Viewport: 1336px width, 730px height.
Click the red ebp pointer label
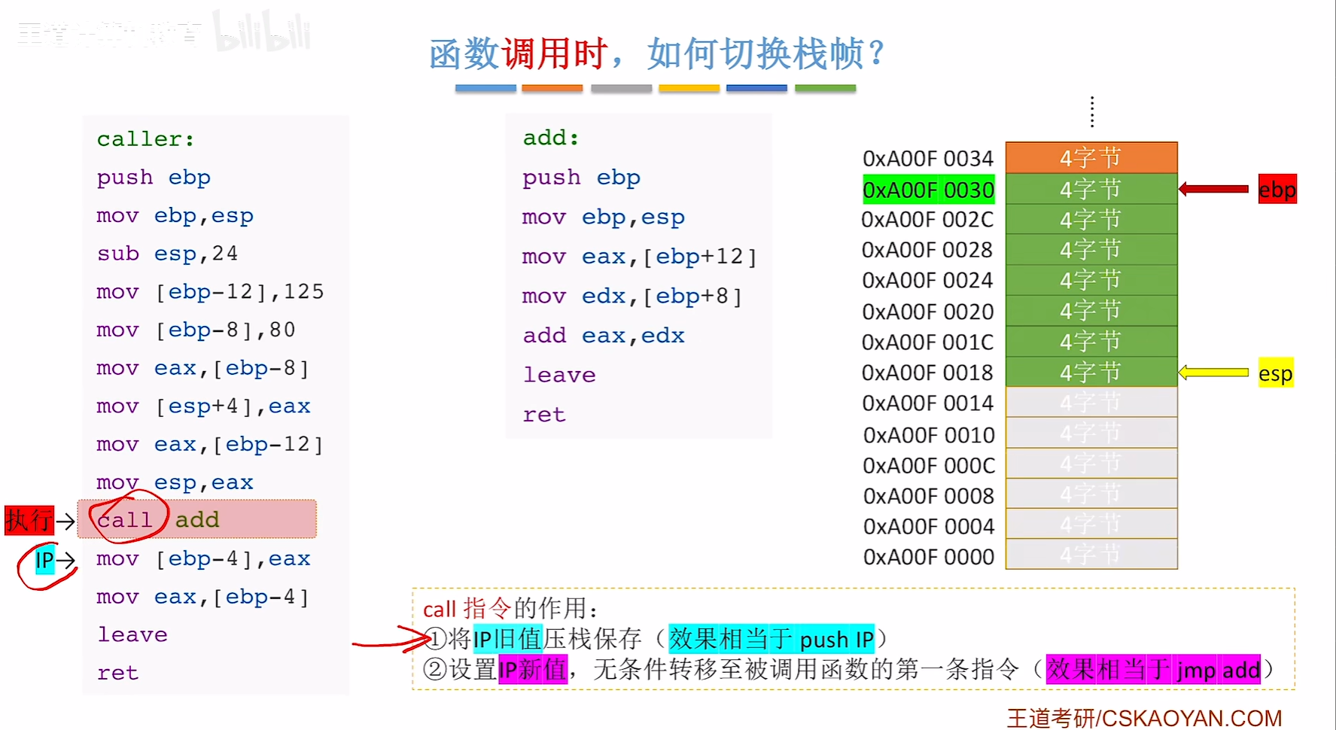tap(1277, 190)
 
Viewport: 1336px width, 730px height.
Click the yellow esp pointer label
tap(1275, 373)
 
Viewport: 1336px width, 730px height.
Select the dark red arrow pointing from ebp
tap(1213, 189)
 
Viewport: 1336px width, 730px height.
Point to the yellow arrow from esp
tap(1213, 373)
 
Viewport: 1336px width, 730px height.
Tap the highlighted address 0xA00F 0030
tap(928, 190)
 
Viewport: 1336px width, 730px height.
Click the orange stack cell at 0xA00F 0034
tap(1091, 157)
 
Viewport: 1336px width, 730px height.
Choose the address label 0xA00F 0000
tap(928, 557)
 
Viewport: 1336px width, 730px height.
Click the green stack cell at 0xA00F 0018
tap(1091, 372)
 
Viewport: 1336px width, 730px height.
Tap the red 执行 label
tap(29, 520)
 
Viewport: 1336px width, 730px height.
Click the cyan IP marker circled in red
tap(44, 560)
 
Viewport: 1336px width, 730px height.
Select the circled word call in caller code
tap(126, 519)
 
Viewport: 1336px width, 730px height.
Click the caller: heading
tap(145, 139)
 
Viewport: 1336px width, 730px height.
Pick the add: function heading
tap(551, 138)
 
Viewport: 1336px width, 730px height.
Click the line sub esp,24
tap(167, 254)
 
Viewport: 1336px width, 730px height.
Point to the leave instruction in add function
tap(559, 375)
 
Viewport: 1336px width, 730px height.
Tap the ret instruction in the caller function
tap(117, 673)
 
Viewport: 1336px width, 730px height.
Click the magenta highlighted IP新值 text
tap(532, 669)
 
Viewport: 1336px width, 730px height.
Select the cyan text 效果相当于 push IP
tap(771, 639)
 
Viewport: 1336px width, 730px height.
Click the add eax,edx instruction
tap(604, 336)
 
